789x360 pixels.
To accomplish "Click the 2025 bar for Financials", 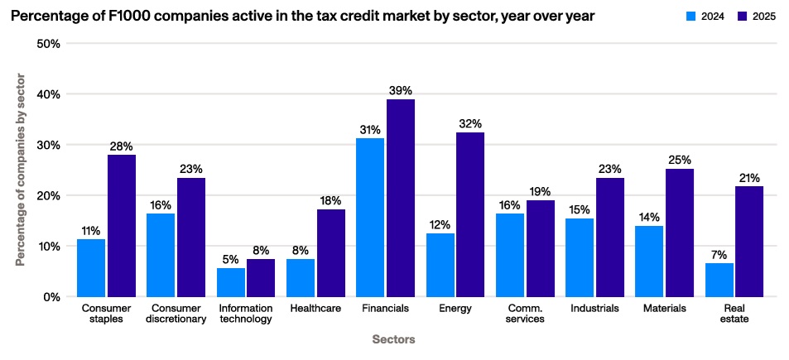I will coord(400,198).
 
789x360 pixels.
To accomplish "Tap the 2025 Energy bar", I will coord(470,214).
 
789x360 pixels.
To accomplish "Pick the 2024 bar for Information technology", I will coord(231,282).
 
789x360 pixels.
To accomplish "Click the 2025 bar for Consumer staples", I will coord(121,225).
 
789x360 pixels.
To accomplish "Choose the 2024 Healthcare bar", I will coord(301,277).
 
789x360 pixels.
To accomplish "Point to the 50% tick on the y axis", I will coord(49,43).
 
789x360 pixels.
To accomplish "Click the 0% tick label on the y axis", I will coord(51,296).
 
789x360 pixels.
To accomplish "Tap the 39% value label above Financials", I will coord(401,90).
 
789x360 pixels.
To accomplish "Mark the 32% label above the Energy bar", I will coord(470,123).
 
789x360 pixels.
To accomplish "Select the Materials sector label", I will coord(666,309).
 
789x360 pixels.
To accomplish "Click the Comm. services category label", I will coord(526,314).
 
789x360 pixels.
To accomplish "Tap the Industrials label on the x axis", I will coord(595,309).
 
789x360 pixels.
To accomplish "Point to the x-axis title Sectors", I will coord(393,339).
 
